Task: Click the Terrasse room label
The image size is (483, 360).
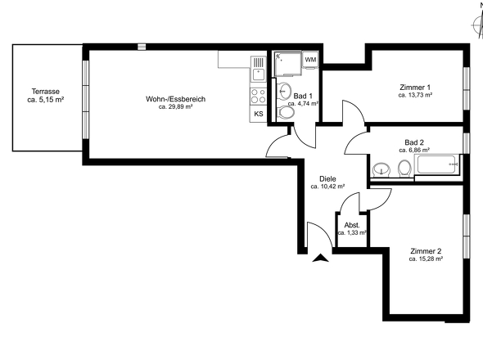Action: (x=46, y=91)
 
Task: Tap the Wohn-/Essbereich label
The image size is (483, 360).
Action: (x=175, y=99)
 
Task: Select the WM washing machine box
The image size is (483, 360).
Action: (x=310, y=61)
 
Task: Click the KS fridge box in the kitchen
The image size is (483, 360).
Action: (x=258, y=114)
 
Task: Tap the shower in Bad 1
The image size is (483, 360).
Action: (x=287, y=63)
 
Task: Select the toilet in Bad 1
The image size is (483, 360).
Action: (x=285, y=114)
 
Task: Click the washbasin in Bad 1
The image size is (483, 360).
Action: (x=287, y=91)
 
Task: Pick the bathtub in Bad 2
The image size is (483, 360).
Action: (x=439, y=167)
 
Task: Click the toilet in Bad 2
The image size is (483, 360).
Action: (x=404, y=169)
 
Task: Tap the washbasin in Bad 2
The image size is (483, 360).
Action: (x=381, y=169)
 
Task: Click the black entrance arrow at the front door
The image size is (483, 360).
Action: (x=320, y=259)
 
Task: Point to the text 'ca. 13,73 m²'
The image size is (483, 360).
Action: (x=415, y=95)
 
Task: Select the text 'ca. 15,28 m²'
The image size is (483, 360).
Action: (x=426, y=259)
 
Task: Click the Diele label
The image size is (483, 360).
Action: (x=327, y=178)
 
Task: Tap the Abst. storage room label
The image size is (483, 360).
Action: (x=352, y=225)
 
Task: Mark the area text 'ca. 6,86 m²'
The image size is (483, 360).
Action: (x=415, y=150)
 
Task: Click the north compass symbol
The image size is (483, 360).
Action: (x=477, y=22)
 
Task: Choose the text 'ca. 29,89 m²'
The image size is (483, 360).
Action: (x=175, y=107)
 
